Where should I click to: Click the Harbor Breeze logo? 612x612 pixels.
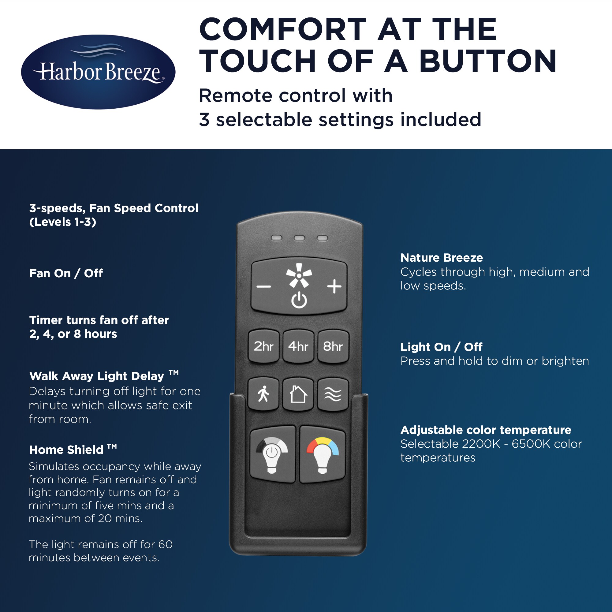98,72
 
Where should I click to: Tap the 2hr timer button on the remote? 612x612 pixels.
263,346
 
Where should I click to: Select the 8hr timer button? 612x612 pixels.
333,346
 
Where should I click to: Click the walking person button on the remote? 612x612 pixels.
263,394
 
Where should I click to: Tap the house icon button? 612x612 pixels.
298,394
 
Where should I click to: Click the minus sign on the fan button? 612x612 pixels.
263,287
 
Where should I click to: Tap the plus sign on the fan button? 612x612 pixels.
334,287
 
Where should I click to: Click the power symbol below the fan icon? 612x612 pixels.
299,300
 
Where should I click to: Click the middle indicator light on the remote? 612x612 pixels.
299,238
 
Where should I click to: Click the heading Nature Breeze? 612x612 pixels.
442,258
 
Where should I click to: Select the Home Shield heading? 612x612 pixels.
73,450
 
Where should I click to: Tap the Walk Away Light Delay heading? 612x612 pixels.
104,376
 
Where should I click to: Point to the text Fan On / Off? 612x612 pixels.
66,273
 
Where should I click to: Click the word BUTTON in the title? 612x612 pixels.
488,61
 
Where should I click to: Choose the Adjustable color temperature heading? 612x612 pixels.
486,430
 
